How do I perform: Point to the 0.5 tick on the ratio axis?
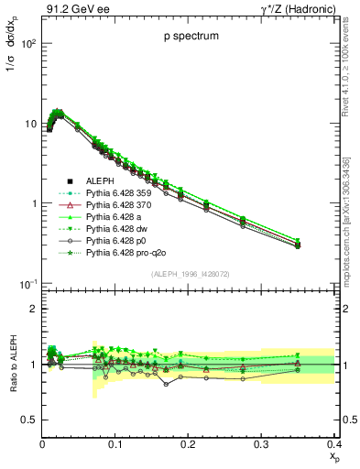tap(29, 420)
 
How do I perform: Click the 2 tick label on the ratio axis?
tap(33, 309)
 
